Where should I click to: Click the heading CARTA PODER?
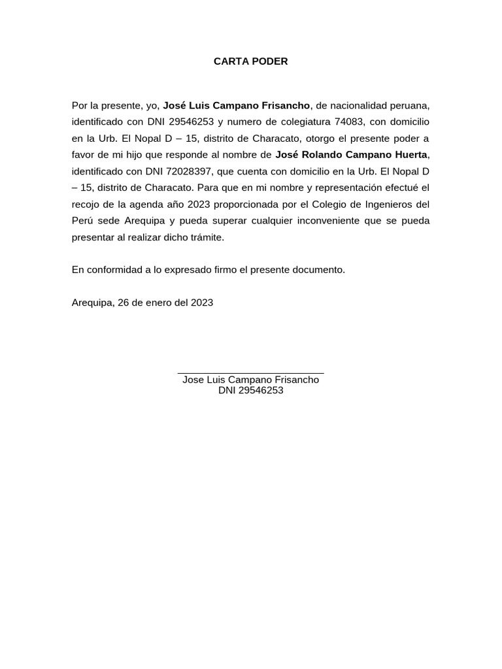(250, 62)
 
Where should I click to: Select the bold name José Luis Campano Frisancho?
(236, 105)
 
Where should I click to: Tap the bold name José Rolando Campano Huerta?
(352, 155)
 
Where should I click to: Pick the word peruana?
(410, 105)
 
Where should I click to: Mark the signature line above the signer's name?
(250, 373)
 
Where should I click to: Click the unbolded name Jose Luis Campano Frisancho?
(250, 380)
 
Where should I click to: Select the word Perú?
(83, 221)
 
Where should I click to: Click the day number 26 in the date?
(124, 303)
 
